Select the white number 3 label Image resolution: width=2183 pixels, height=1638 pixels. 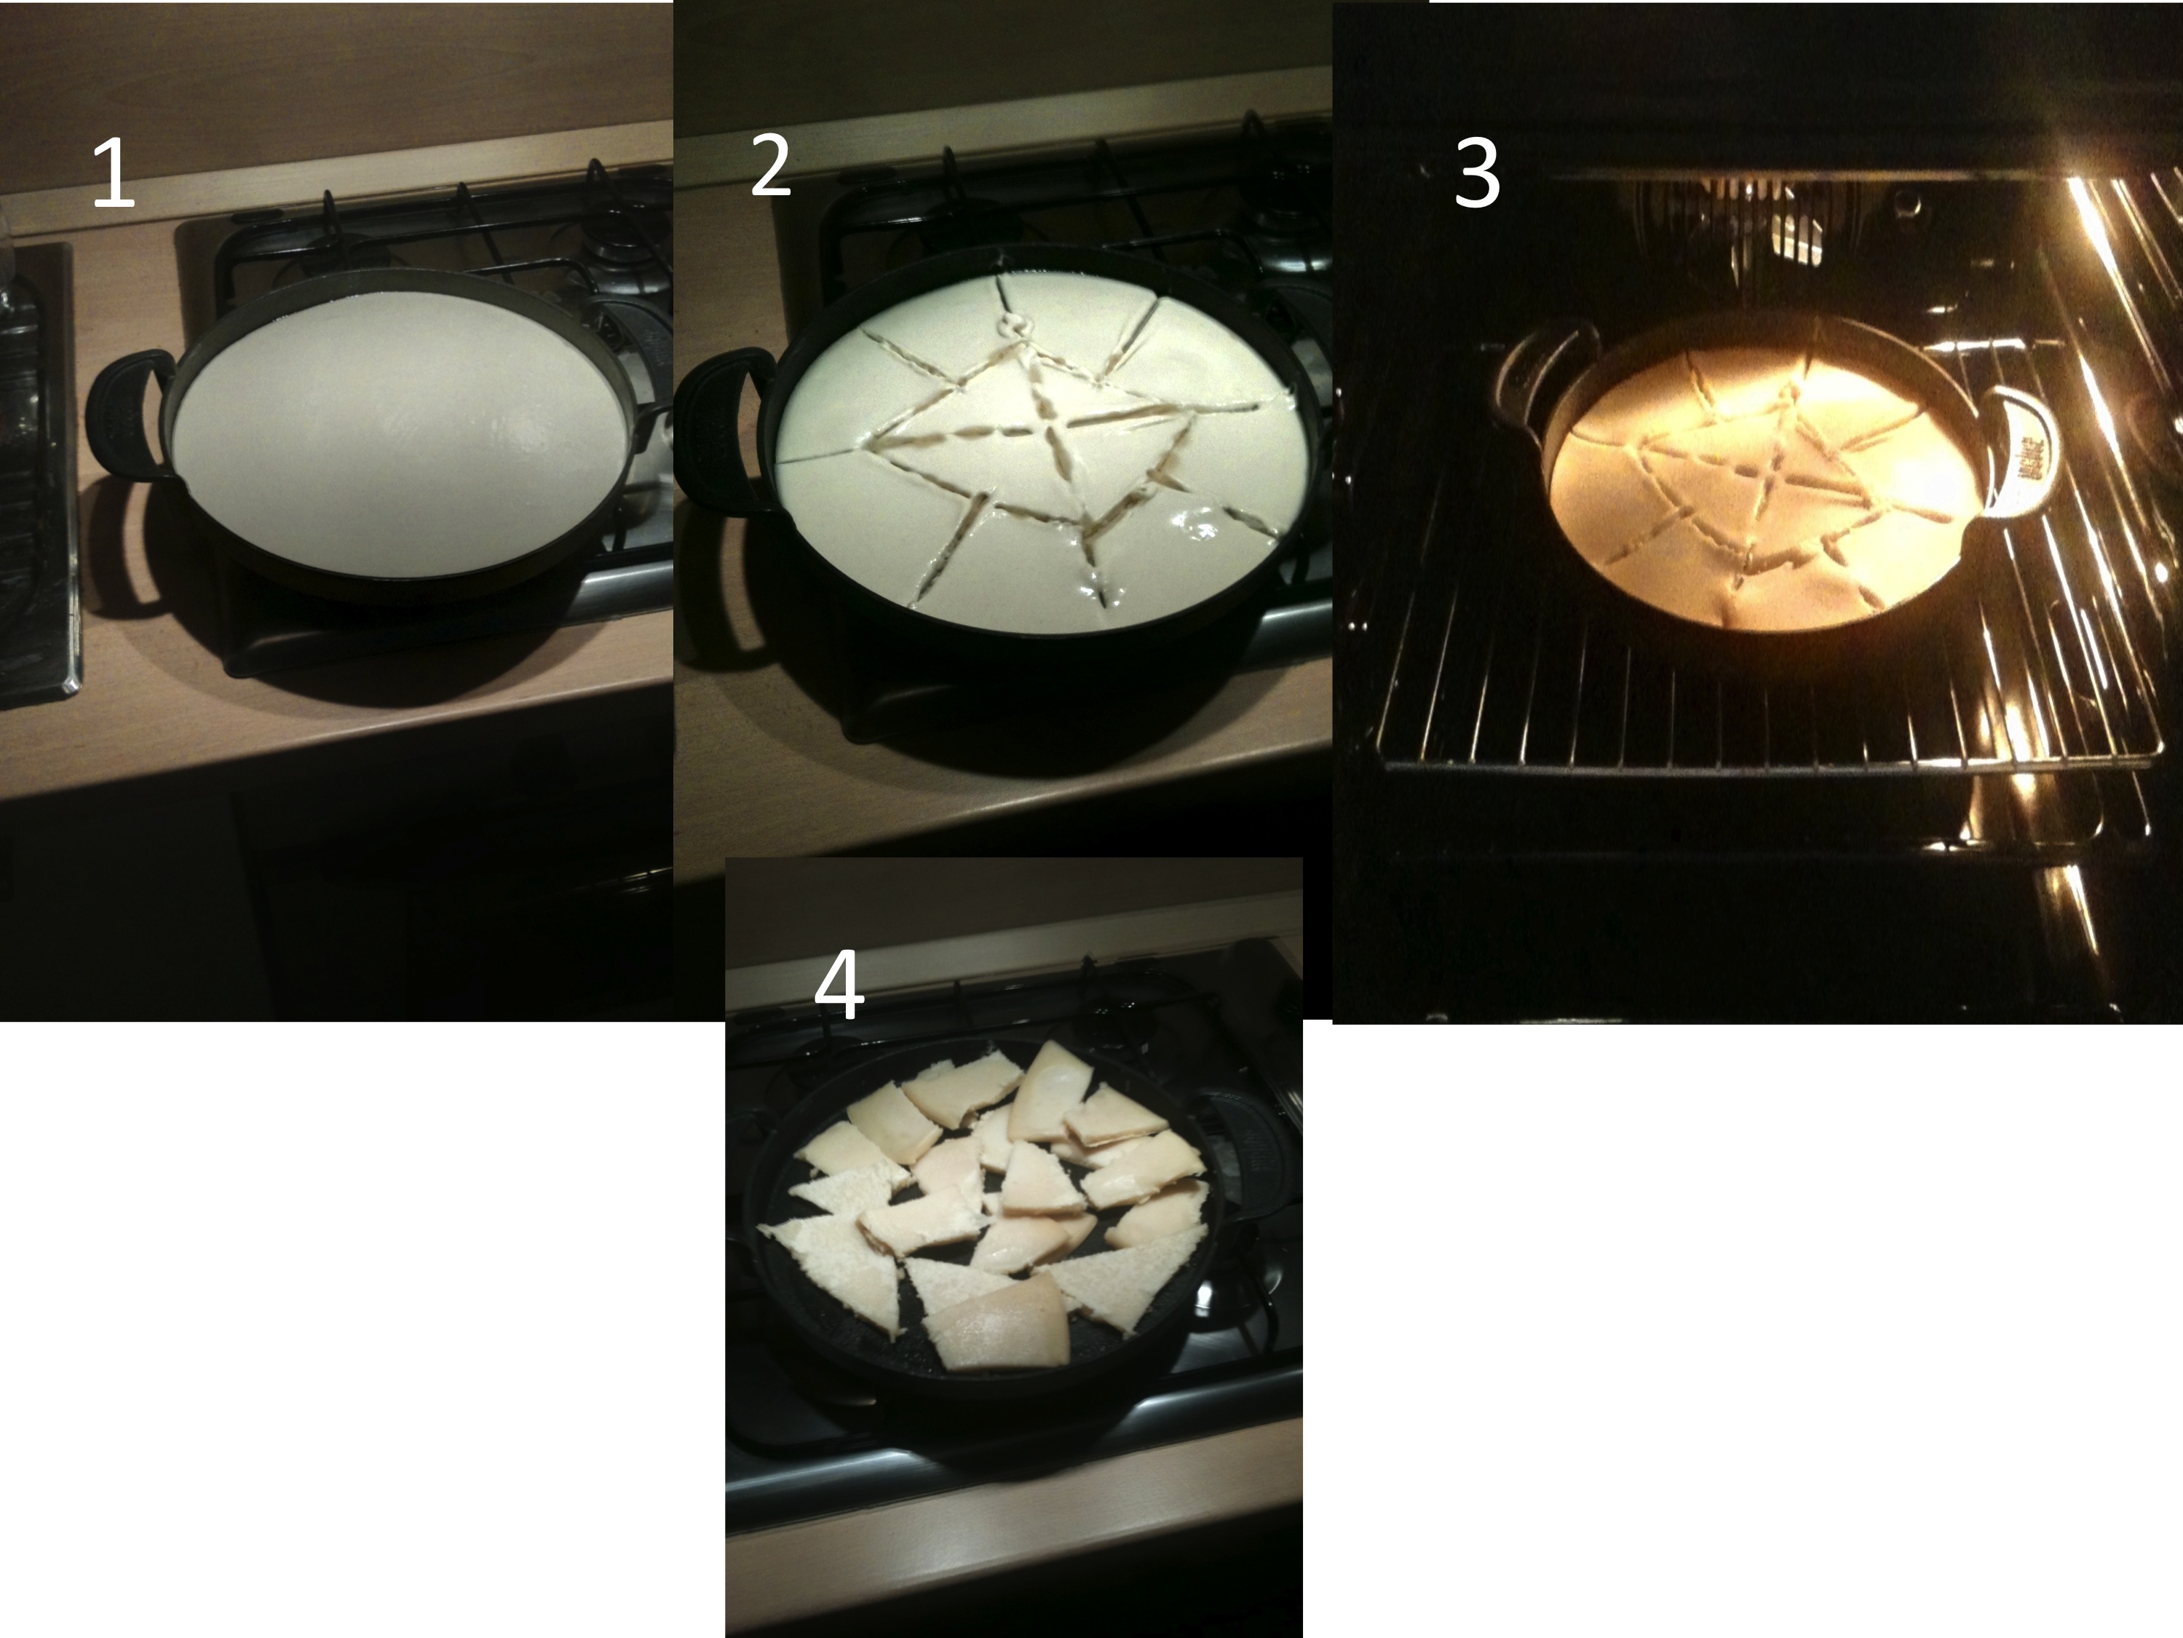(1476, 175)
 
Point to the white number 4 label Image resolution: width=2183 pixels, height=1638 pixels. (839, 986)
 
